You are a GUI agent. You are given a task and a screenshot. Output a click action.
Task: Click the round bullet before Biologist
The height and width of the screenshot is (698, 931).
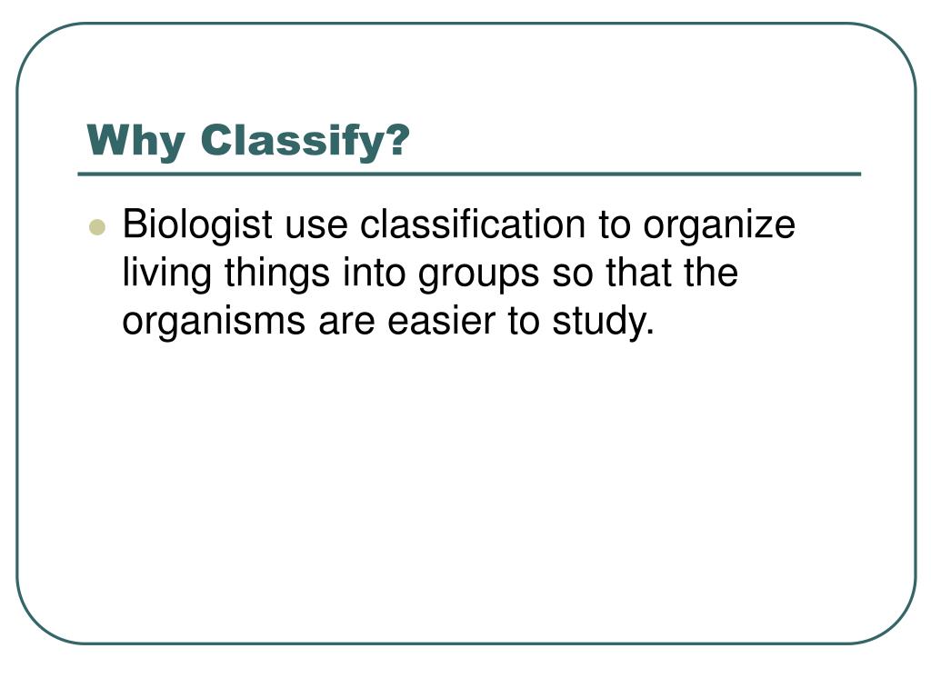pos(97,226)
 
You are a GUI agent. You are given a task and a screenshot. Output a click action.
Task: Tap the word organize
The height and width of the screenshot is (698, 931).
pos(719,225)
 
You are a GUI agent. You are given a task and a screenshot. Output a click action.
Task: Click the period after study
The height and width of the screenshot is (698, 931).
pos(649,334)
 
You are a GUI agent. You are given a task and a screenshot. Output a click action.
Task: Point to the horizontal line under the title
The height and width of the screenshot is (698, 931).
pos(469,174)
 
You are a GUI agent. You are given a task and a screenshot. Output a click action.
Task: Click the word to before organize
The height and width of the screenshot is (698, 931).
pos(615,225)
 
